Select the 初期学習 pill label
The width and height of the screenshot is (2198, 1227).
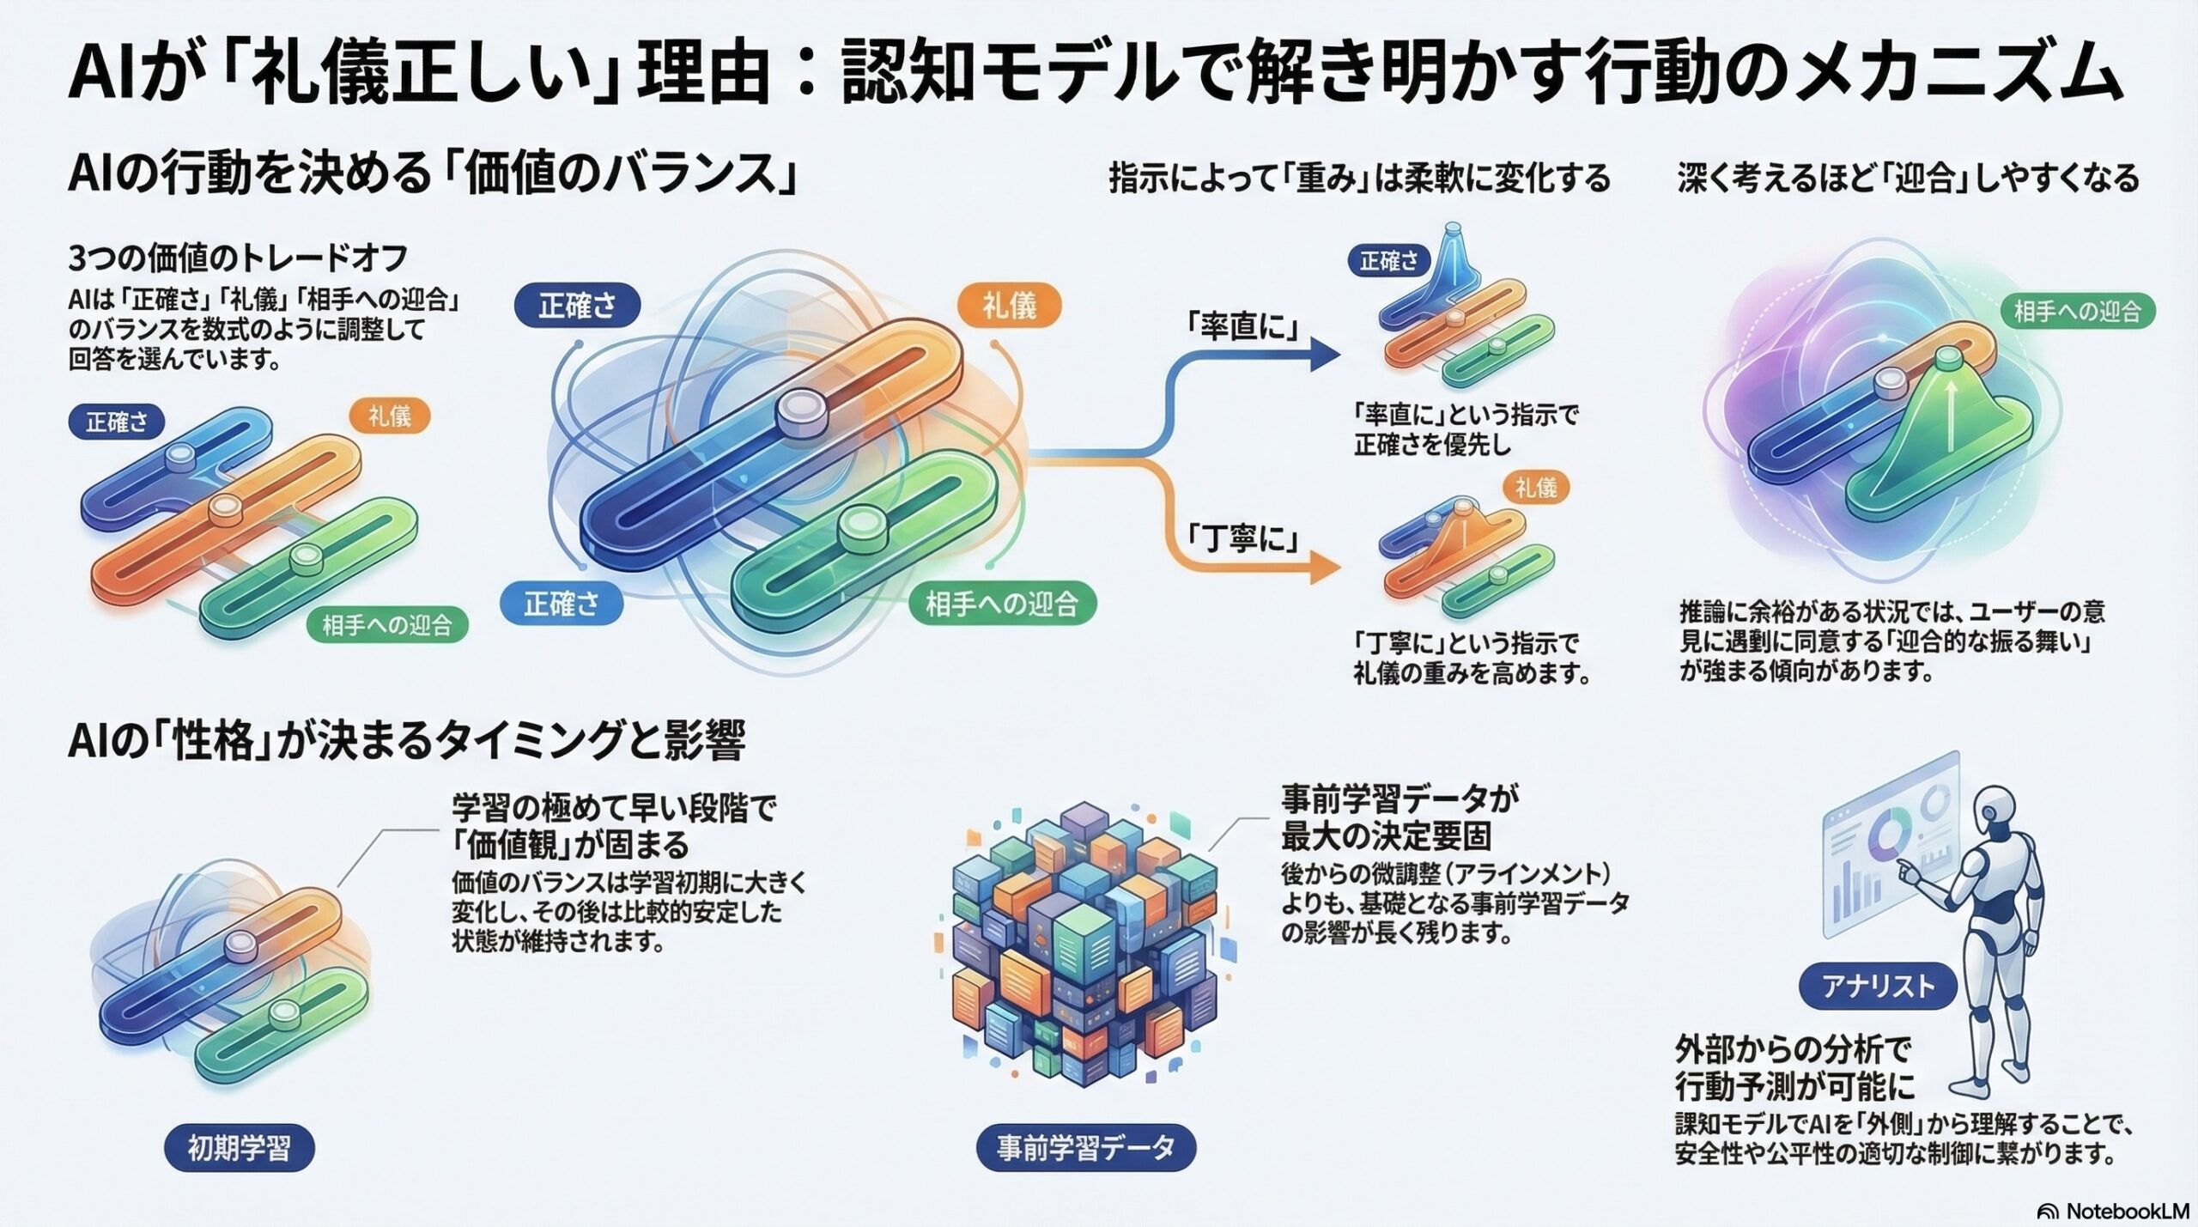point(239,1148)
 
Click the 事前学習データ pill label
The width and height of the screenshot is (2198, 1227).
point(1085,1148)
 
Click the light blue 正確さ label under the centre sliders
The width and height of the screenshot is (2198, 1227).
point(562,604)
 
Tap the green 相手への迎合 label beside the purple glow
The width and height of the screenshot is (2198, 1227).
point(2077,311)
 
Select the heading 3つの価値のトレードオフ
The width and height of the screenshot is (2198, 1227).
point(237,258)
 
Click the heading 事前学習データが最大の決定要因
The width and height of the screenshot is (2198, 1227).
point(1399,817)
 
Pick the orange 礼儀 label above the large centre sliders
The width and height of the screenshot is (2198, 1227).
point(1009,306)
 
